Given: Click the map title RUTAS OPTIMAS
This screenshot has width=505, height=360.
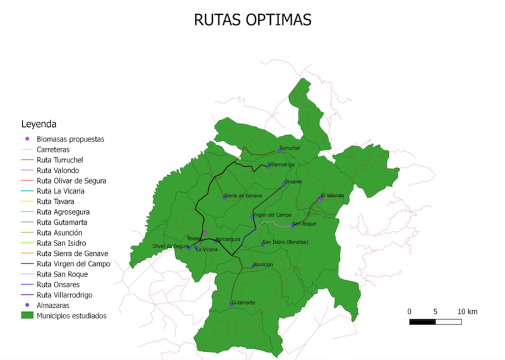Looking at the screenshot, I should point(252,20).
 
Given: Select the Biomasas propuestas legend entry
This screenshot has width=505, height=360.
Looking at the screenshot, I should point(70,139).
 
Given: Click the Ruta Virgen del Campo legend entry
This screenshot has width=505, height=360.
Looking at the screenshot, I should point(73,263).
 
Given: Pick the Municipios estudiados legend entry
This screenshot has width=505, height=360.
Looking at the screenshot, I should point(71,315).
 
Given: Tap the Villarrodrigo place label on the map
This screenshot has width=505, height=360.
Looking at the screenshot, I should point(285,165).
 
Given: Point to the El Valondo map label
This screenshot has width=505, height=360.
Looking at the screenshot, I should point(333,196).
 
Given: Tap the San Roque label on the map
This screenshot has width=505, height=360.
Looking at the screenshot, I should point(304,224).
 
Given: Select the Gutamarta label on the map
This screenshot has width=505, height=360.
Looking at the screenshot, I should point(244,303).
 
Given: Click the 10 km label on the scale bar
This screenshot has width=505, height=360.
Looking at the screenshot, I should point(468,312).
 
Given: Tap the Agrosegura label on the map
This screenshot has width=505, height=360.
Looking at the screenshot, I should point(228,239).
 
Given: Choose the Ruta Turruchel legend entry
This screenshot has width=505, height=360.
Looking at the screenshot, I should point(60,160).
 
